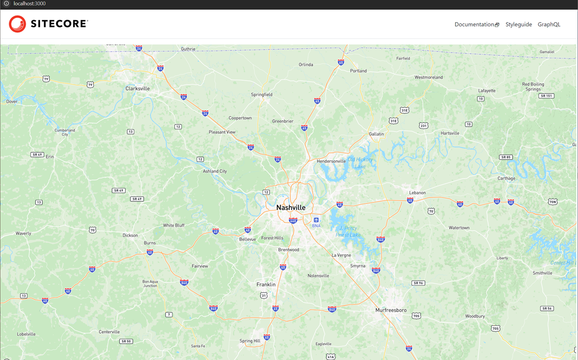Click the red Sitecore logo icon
(17, 24)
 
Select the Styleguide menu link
(518, 25)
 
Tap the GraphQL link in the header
(549, 25)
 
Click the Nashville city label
(291, 208)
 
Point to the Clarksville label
(137, 89)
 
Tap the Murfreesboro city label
(391, 310)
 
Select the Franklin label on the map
(266, 284)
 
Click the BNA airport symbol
(316, 220)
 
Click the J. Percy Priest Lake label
(348, 231)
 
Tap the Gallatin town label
(376, 134)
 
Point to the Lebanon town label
(417, 193)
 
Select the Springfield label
(261, 95)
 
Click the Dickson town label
(130, 235)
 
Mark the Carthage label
(506, 178)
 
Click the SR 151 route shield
(546, 96)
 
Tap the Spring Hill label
(250, 341)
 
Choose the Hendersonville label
(331, 161)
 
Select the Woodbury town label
(475, 316)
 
